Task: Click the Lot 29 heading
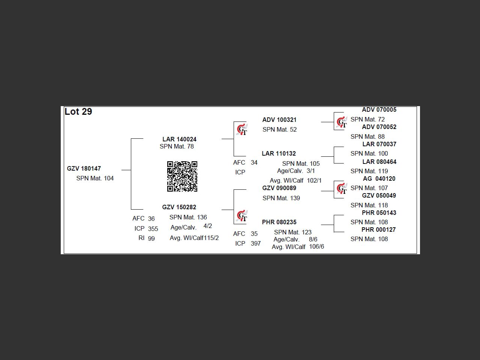point(78,112)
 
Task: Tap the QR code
point(182,176)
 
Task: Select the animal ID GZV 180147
point(84,168)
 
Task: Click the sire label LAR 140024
point(179,139)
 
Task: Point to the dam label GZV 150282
point(179,207)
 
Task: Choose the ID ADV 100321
point(279,120)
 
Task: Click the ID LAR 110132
point(279,153)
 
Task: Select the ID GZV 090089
point(279,188)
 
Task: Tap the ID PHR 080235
point(279,222)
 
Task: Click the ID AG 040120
point(379,178)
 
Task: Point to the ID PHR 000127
point(379,229)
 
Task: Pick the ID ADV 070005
point(379,109)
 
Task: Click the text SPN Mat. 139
point(281,198)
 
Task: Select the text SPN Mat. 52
point(280,129)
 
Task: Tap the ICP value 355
point(153,229)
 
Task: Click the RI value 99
point(151,238)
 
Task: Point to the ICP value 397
point(256,243)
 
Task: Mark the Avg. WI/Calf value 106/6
point(316,246)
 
